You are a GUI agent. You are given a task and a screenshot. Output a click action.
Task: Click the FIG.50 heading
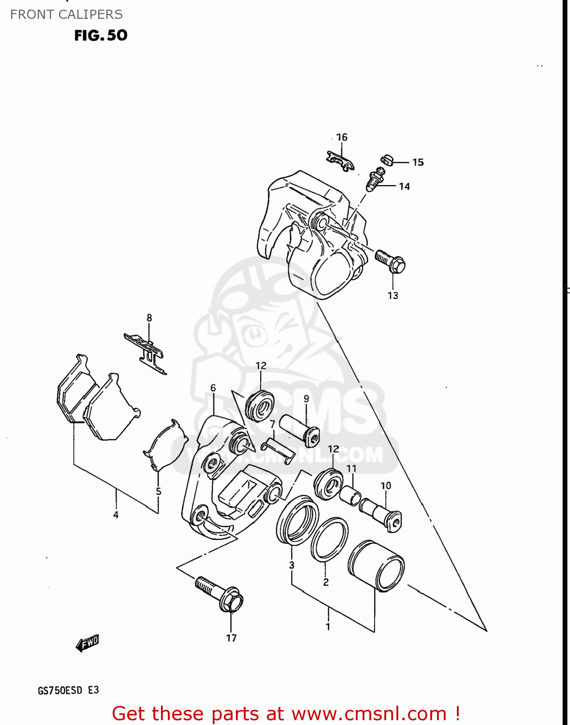[101, 35]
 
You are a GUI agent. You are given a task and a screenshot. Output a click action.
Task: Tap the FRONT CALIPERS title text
[66, 14]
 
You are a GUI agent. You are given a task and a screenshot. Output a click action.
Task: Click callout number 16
[342, 137]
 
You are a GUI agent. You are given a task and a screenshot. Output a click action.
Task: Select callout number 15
[418, 162]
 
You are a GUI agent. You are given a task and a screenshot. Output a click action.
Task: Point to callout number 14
[405, 187]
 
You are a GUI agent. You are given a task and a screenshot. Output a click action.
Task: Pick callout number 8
[149, 318]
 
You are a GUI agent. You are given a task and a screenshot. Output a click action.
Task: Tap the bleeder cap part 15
[387, 159]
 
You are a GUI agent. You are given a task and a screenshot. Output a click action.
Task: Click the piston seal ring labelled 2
[329, 540]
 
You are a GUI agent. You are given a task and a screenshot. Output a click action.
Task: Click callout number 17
[232, 638]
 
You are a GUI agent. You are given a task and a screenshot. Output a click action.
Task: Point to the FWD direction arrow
[88, 643]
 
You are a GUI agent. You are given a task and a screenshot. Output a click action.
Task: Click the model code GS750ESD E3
[68, 690]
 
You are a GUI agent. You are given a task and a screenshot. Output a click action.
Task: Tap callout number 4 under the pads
[116, 515]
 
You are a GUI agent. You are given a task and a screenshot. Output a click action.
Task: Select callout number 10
[386, 486]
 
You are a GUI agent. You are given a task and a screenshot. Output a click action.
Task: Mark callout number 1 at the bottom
[328, 627]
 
